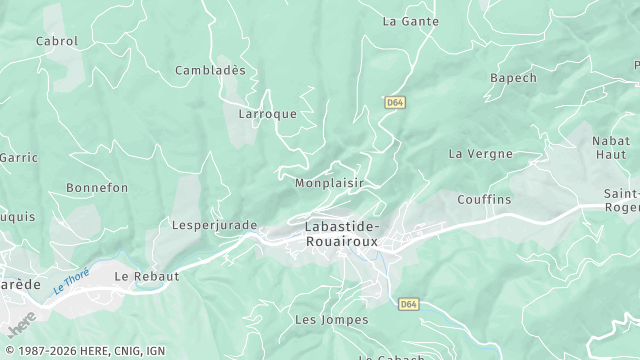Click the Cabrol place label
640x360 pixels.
[x=57, y=41]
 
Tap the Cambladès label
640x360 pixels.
[x=210, y=70]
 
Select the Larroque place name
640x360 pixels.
[x=268, y=114]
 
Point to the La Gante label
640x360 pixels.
[x=412, y=20]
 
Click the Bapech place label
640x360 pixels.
[x=513, y=78]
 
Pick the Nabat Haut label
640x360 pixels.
[x=611, y=148]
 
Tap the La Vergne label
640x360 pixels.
[x=481, y=154]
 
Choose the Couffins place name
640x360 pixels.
[x=484, y=200]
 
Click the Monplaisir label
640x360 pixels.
[x=329, y=184]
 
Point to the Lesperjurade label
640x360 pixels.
[x=215, y=225]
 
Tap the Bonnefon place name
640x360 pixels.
[x=97, y=188]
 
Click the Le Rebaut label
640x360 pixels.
[x=147, y=275]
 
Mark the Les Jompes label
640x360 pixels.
[x=332, y=320]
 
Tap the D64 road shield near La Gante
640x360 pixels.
[x=395, y=103]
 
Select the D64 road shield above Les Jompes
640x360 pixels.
[x=407, y=303]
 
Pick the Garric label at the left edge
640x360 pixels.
[x=17, y=158]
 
